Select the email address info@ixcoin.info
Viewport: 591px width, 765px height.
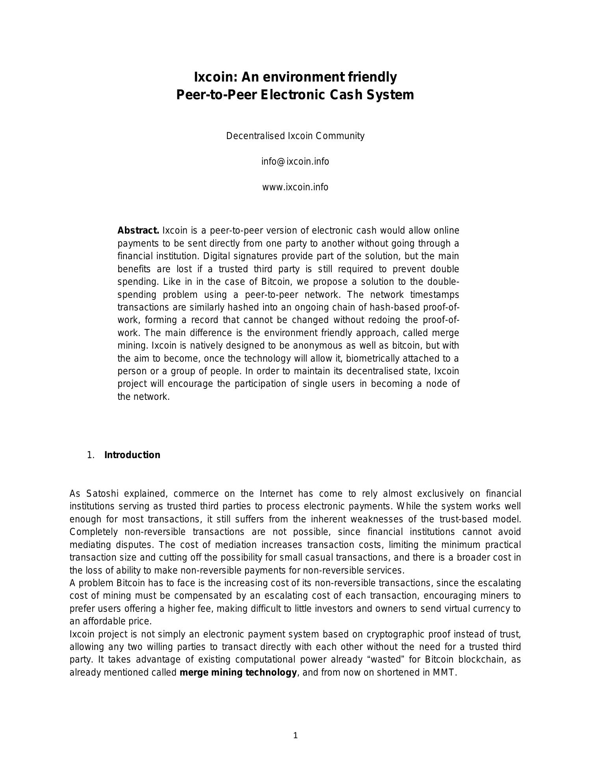295,162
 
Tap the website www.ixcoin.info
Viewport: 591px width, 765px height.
295,187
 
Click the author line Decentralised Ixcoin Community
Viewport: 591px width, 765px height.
295,136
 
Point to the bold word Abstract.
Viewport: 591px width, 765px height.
138,230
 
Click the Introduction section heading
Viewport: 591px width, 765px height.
132,455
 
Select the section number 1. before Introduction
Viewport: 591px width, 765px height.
91,455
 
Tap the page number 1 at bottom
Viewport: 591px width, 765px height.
295,735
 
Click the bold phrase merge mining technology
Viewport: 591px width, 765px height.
238,672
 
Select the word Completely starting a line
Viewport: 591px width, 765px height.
93,532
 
